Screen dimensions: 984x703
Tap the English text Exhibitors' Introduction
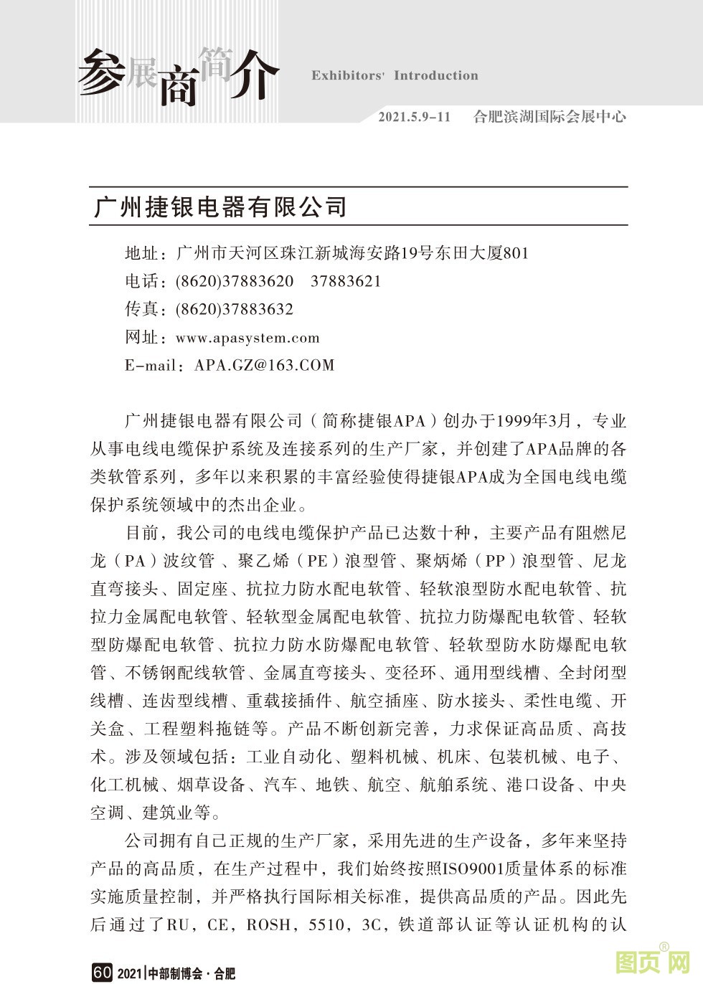pyautogui.click(x=395, y=75)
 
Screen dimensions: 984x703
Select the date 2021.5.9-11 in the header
pyautogui.click(x=414, y=117)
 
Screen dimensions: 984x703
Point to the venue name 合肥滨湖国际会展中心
pyautogui.click(x=549, y=117)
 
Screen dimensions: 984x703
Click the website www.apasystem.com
pyautogui.click(x=247, y=338)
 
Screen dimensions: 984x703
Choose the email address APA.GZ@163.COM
pyautogui.click(x=265, y=365)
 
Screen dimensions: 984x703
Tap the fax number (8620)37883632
pyautogui.click(x=235, y=309)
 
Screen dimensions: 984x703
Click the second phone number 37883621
pyautogui.click(x=346, y=281)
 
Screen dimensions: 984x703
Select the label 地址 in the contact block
pyautogui.click(x=141, y=253)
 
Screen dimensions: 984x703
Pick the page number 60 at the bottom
pyautogui.click(x=102, y=973)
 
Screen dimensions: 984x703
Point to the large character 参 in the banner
pyautogui.click(x=100, y=72)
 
